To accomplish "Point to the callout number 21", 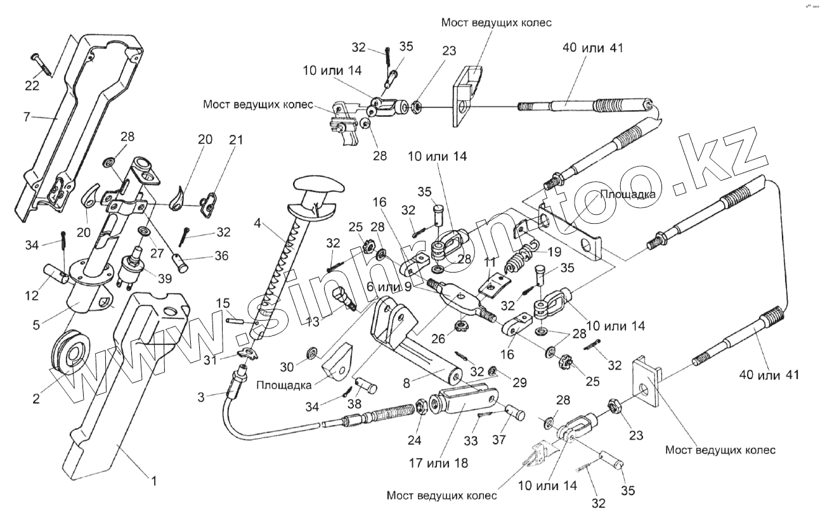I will tap(235, 140).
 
